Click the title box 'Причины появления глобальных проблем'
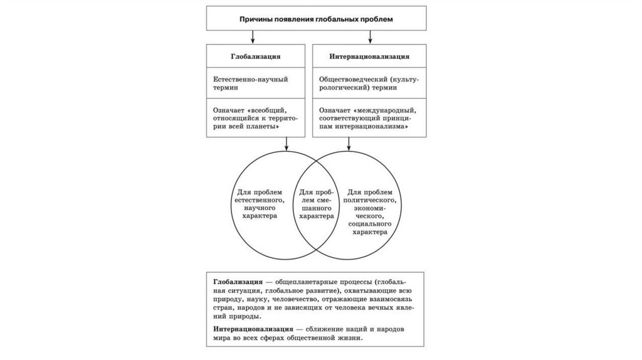(317, 19)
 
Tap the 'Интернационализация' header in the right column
(370, 56)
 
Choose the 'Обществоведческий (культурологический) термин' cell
(370, 84)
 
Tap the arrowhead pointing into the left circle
(287, 148)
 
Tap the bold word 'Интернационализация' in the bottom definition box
(251, 328)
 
